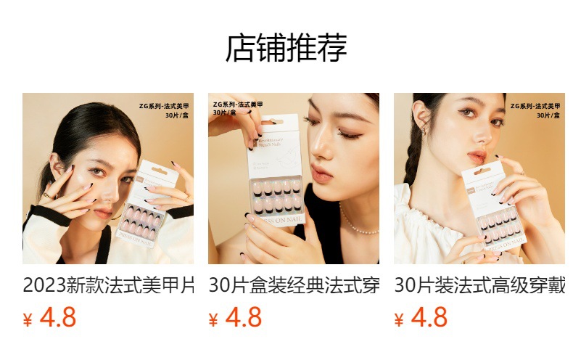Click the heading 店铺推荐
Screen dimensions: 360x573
point(286,49)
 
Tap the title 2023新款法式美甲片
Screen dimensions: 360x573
point(108,285)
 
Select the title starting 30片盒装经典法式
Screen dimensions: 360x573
point(294,285)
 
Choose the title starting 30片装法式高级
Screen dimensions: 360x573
point(479,285)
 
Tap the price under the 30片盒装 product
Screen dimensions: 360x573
point(244,318)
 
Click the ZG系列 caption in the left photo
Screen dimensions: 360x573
point(165,110)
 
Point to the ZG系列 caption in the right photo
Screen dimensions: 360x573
point(536,110)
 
